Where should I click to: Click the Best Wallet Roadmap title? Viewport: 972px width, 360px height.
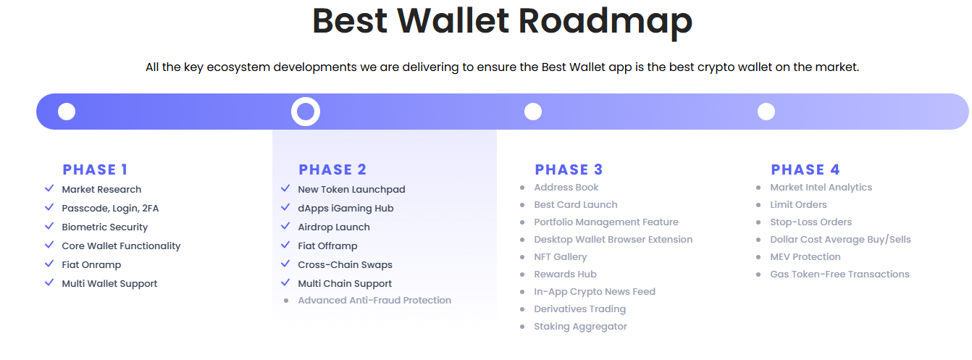click(502, 20)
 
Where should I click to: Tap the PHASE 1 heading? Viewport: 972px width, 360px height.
click(95, 169)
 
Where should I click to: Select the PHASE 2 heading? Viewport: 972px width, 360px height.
click(332, 169)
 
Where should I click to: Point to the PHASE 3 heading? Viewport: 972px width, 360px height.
click(569, 169)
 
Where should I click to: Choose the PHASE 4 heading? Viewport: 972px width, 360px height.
click(805, 169)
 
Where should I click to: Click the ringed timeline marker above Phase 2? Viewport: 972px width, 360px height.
click(306, 112)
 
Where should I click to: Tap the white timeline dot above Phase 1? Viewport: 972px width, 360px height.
click(67, 112)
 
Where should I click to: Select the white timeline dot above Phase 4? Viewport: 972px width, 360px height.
click(766, 112)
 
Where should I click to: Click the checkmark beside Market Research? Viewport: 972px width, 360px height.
click(49, 188)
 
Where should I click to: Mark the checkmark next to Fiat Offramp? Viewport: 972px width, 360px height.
click(285, 245)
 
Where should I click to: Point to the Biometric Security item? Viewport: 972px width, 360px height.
click(104, 227)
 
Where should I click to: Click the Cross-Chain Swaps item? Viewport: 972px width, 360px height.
click(345, 264)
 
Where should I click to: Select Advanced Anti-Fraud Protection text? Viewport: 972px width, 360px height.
click(374, 300)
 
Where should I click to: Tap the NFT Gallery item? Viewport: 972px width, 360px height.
click(561, 256)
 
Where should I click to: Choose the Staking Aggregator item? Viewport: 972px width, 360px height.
click(580, 326)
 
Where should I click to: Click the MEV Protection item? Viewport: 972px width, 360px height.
click(805, 256)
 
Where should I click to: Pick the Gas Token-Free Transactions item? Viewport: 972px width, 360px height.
click(839, 274)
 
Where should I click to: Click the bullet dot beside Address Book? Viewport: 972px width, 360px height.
click(522, 188)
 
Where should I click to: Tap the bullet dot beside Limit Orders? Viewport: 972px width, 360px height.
click(758, 205)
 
